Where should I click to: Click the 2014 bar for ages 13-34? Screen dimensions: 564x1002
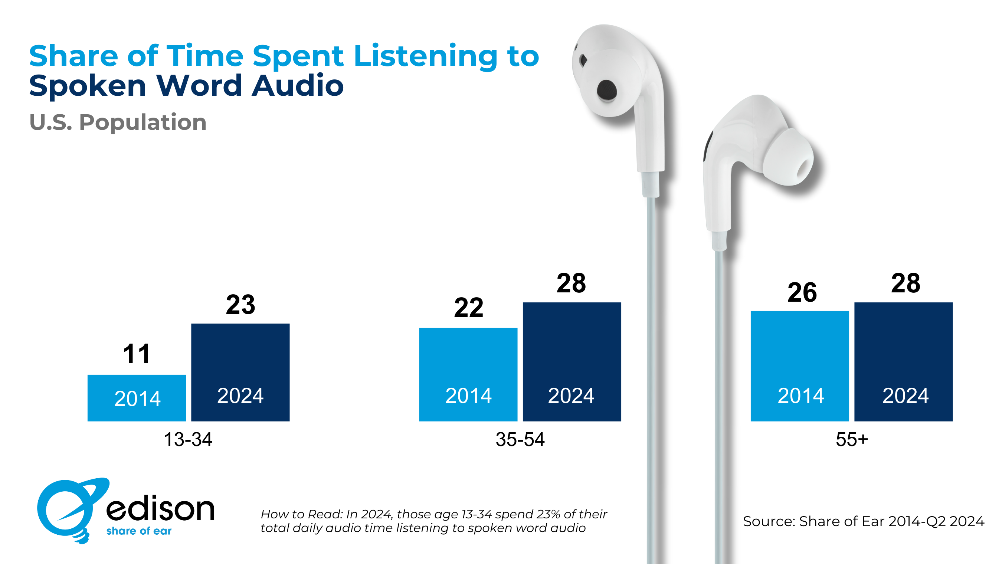(137, 397)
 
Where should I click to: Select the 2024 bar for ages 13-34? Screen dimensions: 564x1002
(240, 372)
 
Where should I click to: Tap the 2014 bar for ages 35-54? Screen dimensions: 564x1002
(468, 374)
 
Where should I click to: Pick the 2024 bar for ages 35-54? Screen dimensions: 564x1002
(572, 361)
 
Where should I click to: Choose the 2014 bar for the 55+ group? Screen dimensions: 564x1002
(799, 365)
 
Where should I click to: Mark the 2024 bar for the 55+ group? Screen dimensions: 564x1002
(903, 361)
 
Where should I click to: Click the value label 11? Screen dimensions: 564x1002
(137, 354)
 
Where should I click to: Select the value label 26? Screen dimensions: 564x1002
(802, 292)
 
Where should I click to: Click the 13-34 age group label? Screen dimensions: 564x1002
(188, 439)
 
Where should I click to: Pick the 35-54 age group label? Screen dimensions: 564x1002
(520, 439)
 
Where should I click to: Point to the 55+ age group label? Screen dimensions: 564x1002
(851, 439)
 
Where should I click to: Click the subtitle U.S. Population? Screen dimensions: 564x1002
(118, 122)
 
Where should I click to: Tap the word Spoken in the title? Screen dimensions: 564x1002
(88, 86)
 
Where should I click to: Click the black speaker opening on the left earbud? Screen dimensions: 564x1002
(606, 90)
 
